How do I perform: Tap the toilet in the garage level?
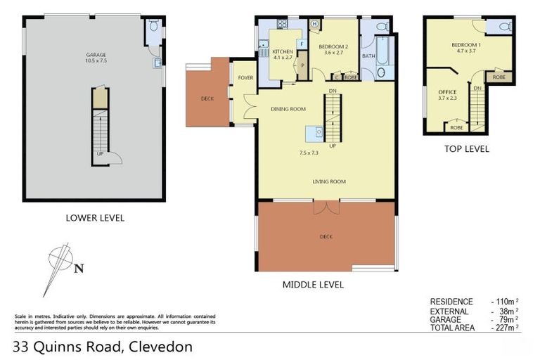153,28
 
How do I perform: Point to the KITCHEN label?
282,52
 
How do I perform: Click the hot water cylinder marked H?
314,25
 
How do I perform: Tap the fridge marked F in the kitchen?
301,44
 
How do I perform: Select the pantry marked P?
302,67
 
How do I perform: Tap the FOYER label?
245,78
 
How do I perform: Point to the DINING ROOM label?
288,109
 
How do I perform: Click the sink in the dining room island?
318,131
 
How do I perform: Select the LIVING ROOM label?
329,181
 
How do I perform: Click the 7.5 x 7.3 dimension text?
309,153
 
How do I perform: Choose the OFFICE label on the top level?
447,92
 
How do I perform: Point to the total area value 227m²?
505,328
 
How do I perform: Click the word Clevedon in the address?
160,347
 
